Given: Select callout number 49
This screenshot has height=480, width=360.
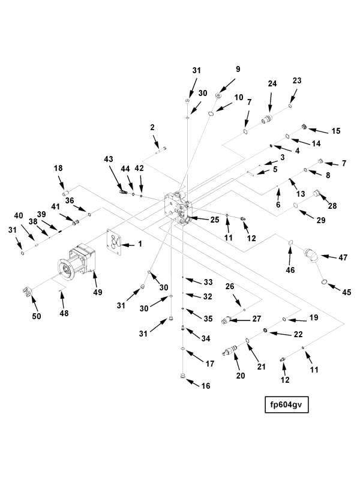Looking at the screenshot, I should [97, 292].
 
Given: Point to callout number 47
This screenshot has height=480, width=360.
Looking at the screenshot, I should [343, 257].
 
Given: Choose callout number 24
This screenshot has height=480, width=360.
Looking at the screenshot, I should [272, 84].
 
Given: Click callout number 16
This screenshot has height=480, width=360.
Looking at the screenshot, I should [205, 386].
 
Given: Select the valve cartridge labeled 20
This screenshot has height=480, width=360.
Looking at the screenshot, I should [230, 353].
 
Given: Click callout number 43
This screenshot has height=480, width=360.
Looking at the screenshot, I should [108, 159].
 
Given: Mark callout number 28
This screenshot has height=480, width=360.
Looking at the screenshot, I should [332, 206].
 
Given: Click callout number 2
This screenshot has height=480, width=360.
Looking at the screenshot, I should [152, 127].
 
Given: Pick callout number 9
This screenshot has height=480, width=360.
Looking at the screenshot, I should [238, 70].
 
